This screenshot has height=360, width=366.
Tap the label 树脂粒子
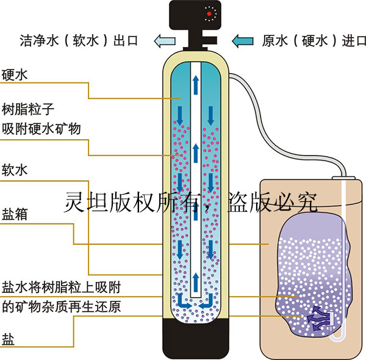[29, 110]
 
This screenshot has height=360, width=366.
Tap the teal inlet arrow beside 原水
[243, 41]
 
